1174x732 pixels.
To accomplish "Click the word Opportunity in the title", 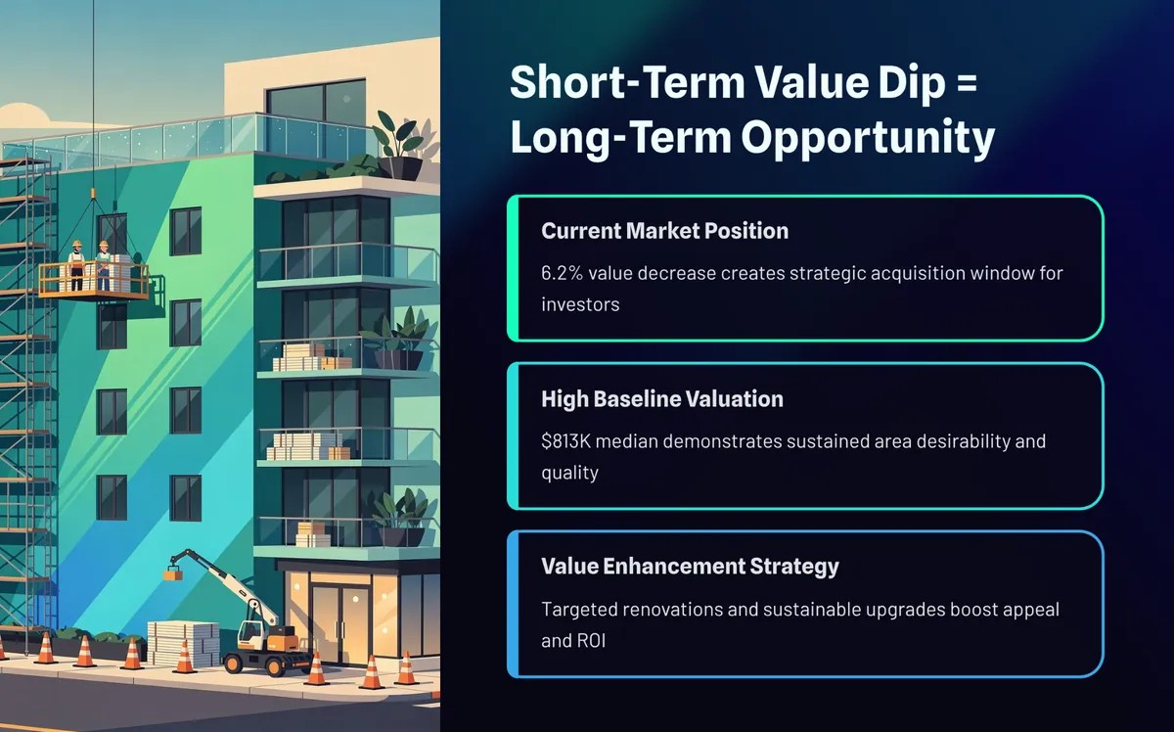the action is pyautogui.click(x=868, y=138).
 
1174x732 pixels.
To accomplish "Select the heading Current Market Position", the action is pyautogui.click(x=664, y=231).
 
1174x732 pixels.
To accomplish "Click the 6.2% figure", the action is pyautogui.click(x=562, y=273).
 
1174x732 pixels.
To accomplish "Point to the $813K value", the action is pyautogui.click(x=566, y=441).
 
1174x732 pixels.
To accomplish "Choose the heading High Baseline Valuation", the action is pyautogui.click(x=662, y=399).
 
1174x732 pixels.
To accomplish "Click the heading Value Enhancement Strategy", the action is pyautogui.click(x=691, y=567).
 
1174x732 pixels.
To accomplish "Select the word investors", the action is pyautogui.click(x=580, y=304).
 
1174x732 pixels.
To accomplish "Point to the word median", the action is pyautogui.click(x=626, y=441).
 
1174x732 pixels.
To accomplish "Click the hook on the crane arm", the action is pyautogui.click(x=173, y=572).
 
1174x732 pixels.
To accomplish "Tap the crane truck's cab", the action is pyautogui.click(x=252, y=634).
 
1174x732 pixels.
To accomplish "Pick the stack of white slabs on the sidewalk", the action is pyautogui.click(x=183, y=644).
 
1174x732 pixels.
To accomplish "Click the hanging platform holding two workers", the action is pyautogui.click(x=93, y=281).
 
